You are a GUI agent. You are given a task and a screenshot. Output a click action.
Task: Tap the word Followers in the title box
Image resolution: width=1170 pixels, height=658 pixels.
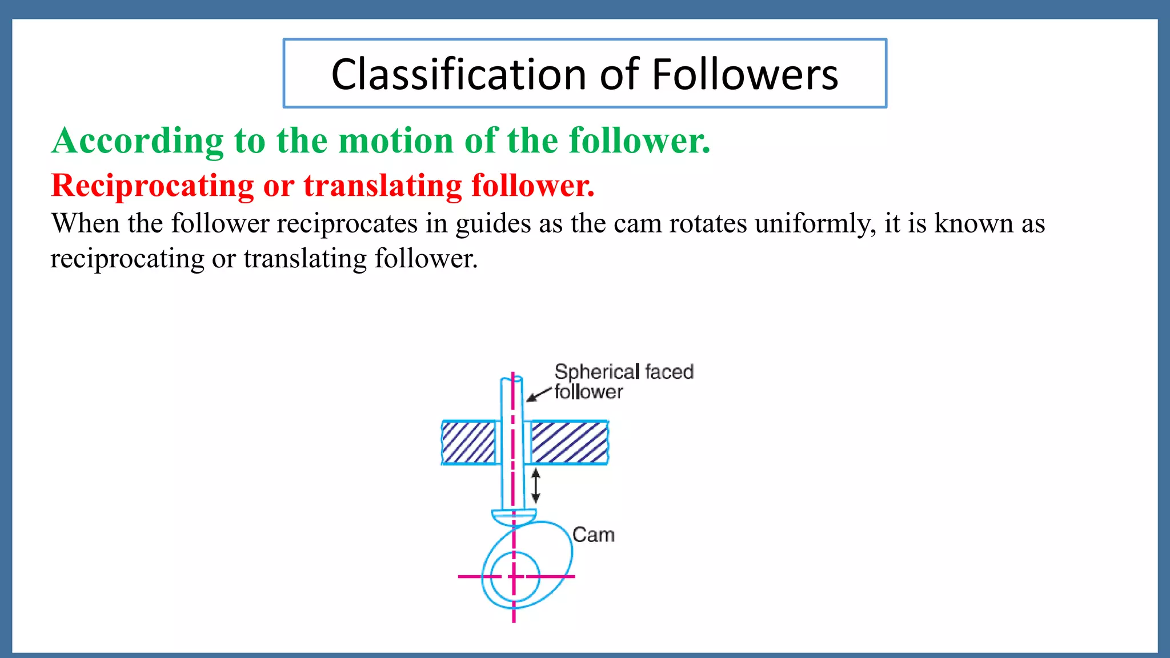click(x=744, y=74)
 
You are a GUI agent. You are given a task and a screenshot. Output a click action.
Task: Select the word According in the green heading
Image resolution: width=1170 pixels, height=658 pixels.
click(x=138, y=141)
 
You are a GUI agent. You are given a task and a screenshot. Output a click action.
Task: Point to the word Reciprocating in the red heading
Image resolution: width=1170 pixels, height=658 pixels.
click(x=153, y=186)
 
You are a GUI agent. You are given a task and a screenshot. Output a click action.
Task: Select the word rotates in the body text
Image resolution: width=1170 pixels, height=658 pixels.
click(x=708, y=223)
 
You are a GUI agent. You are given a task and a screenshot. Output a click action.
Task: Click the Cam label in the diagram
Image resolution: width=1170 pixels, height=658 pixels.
click(x=594, y=535)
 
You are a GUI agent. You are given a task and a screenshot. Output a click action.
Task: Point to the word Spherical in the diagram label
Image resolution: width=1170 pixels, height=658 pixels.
click(x=596, y=372)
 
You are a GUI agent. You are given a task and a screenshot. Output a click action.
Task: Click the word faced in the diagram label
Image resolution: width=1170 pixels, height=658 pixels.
click(x=669, y=372)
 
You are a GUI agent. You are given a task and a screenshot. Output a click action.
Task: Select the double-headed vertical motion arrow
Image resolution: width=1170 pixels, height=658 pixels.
click(x=536, y=486)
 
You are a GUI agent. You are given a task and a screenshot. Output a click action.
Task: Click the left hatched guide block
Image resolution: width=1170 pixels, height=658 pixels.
click(x=468, y=442)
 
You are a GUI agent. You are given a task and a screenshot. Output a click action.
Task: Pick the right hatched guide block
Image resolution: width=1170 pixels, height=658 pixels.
click(x=570, y=442)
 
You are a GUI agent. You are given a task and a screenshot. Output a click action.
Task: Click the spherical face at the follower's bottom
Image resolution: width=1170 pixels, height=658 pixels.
click(x=514, y=517)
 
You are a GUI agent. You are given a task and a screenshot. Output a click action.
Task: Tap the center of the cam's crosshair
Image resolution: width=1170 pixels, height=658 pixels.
click(x=514, y=576)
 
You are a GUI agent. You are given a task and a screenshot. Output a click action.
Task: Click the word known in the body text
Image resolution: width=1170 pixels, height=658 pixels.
click(x=973, y=223)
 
